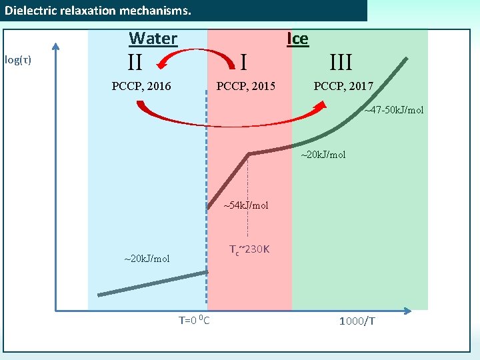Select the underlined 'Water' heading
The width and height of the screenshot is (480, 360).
153,38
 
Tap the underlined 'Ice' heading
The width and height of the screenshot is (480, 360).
297,38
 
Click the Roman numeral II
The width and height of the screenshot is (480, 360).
135,63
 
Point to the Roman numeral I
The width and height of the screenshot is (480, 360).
244,63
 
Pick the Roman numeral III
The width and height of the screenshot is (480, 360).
341,63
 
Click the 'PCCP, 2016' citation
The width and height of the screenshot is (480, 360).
141,86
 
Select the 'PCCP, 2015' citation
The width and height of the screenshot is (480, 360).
245,86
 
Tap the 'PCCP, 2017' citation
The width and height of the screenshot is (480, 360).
343,86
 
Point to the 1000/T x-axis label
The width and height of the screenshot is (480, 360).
357,321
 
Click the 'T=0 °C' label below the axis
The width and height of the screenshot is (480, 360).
194,321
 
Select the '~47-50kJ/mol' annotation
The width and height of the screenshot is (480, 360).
393,109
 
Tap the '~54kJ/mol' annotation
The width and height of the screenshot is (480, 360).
245,205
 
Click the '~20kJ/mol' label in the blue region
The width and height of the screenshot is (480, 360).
147,259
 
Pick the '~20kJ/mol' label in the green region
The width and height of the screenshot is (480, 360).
323,155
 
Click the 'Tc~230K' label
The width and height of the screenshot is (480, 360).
249,250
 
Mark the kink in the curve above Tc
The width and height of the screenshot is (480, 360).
248,154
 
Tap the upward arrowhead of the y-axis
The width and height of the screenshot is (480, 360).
56,47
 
